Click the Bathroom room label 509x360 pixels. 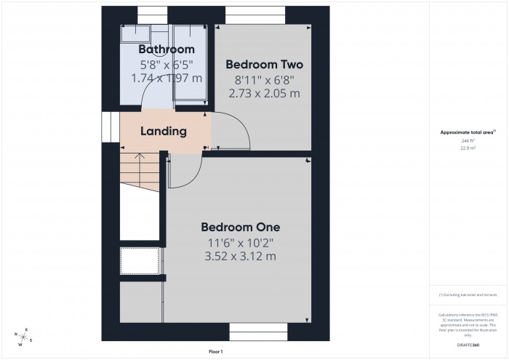pos(167,49)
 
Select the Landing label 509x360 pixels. pos(164,132)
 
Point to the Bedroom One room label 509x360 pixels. pos(240,226)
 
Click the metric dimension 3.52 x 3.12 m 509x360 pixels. pos(240,256)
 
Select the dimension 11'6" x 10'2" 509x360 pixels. pos(240,241)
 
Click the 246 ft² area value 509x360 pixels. pos(468,140)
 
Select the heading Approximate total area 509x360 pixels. pos(467,132)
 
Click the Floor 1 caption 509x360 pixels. pos(216,351)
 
